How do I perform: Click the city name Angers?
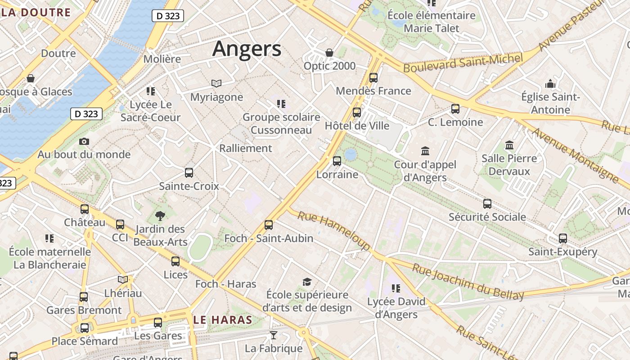[247, 49]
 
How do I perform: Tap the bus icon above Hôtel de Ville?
[357, 112]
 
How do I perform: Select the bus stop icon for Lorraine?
[337, 161]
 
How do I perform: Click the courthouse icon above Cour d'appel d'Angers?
[425, 151]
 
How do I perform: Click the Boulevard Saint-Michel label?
[463, 63]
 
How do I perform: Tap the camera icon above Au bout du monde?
[84, 142]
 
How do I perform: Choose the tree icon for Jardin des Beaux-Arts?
[160, 216]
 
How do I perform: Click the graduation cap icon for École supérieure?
[307, 282]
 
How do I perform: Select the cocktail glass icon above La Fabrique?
[273, 335]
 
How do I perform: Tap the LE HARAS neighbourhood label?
[223, 320]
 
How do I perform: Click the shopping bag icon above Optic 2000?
[329, 53]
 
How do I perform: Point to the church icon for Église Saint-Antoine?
[550, 84]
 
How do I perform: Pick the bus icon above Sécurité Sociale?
[487, 204]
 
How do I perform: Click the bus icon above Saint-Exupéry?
[563, 238]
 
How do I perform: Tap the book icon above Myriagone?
[216, 83]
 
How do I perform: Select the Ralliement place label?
[246, 148]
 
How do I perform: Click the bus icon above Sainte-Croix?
[189, 173]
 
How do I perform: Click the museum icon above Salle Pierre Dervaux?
[509, 145]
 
